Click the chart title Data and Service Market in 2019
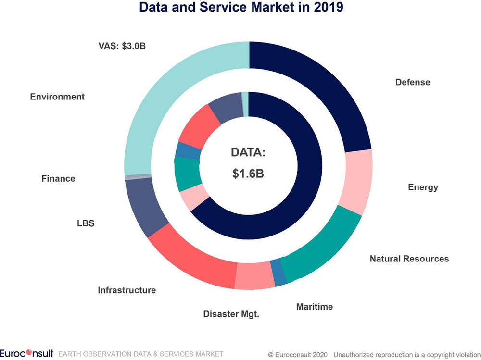pos(241,8)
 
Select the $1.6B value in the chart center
pos(248,174)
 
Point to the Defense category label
pos(413,82)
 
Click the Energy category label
pos(423,187)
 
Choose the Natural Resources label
pos(409,259)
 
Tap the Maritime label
pos(314,307)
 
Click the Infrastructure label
pos(127,290)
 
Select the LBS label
pos(86,224)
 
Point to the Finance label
pos(58,178)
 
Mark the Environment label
pos(57,97)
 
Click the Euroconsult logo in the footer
pos(27,354)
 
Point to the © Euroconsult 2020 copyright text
pos(298,354)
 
